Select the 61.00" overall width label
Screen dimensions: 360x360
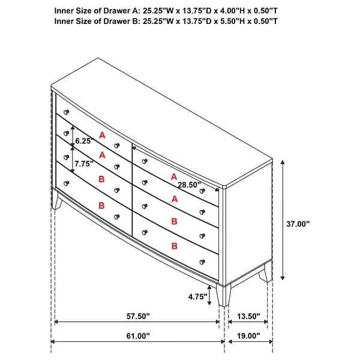click(x=137, y=336)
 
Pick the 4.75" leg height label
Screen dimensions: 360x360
click(x=197, y=296)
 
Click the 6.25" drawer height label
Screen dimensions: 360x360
click(x=83, y=141)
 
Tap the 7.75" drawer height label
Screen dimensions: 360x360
click(x=83, y=162)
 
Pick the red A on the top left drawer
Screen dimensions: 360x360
click(x=102, y=136)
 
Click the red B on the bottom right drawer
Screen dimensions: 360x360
click(x=174, y=245)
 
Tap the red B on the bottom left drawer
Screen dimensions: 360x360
click(x=102, y=205)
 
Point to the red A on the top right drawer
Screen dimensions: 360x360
click(x=174, y=176)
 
